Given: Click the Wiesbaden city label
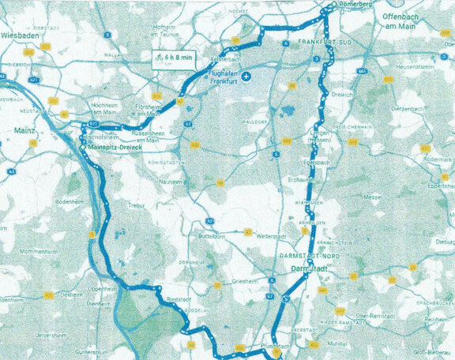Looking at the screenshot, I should click(21, 36).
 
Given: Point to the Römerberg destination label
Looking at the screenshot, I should click(355, 4).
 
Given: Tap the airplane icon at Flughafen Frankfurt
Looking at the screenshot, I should click(248, 77).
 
